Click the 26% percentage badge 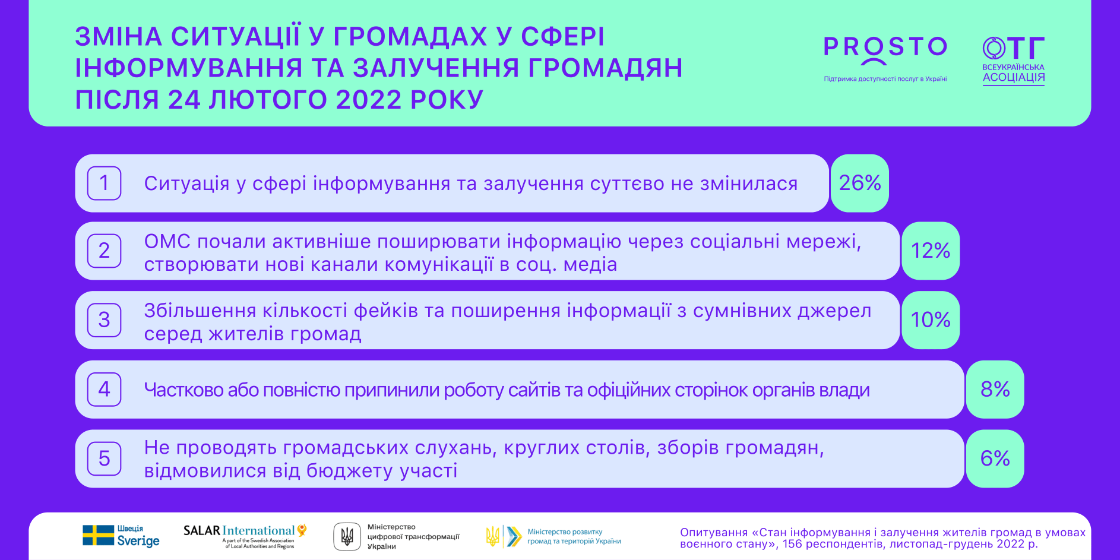859,183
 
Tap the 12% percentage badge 931,251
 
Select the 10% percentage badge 931,320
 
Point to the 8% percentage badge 995,390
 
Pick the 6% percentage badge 995,458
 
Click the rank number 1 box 105,183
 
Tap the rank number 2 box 105,251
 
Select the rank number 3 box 105,320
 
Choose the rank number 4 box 105,390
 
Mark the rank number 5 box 105,458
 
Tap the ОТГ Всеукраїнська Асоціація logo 1013,61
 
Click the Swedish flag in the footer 98,535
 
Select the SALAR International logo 245,536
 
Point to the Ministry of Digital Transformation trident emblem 347,536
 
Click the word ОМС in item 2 167,242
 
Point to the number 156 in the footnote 793,544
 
